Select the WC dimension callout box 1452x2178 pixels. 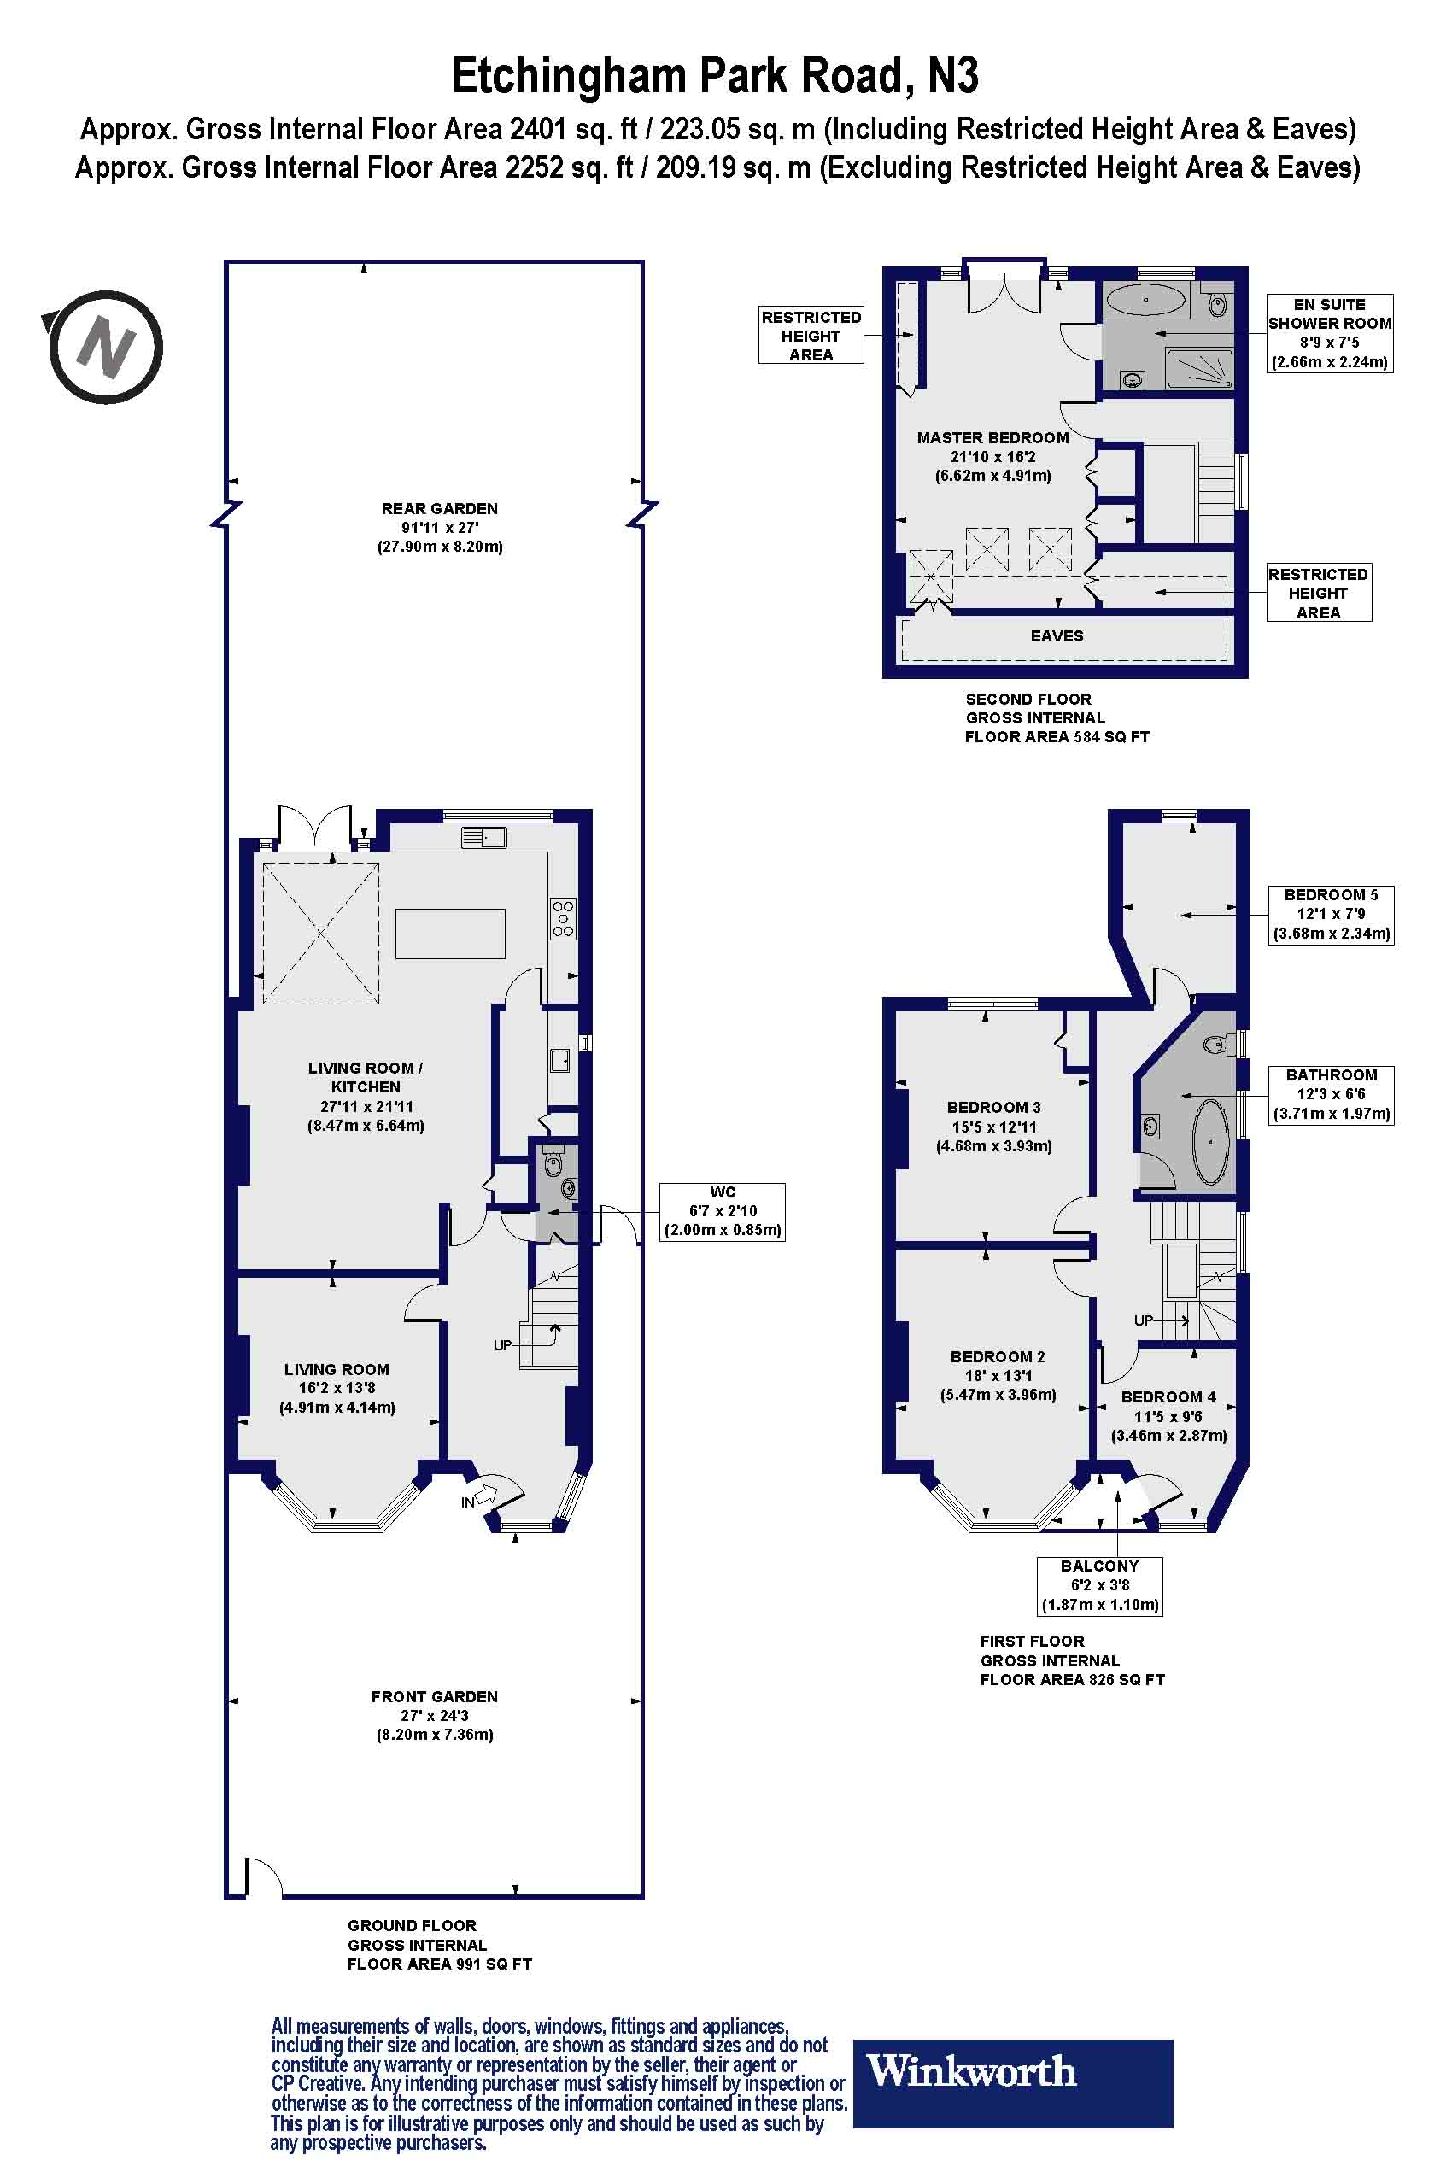(723, 1211)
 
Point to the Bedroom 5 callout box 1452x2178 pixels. (1331, 914)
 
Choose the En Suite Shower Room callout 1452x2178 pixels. (1329, 332)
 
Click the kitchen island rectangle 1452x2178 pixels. (450, 934)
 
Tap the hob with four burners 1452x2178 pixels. (563, 917)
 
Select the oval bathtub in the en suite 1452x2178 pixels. (1145, 301)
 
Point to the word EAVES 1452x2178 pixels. (1057, 636)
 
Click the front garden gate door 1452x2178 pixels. (263, 1874)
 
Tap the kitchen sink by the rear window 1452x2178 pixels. (483, 838)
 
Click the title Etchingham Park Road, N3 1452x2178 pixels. (715, 76)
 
